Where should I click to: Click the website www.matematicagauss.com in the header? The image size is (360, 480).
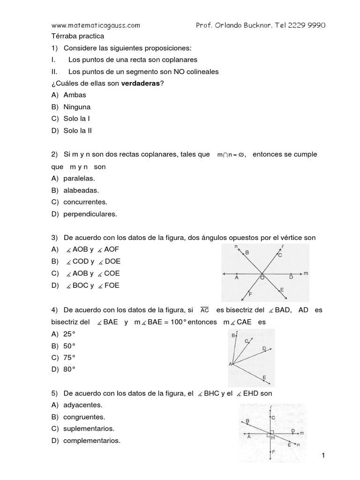95,25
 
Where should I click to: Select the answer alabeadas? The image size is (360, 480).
81,190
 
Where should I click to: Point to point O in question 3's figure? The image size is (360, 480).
262,277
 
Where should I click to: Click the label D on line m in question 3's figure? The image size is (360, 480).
291,277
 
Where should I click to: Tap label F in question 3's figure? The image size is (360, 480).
250,294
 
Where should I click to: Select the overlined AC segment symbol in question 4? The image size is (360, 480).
204,310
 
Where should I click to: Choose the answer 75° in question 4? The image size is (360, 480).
69,357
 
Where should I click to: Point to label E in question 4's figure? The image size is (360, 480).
265,378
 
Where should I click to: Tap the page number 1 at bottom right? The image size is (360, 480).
323,456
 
